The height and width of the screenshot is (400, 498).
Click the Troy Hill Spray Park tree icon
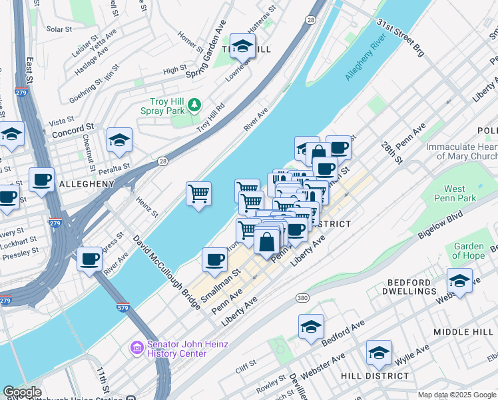coord(194,105)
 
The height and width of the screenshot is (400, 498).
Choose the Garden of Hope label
coord(469,251)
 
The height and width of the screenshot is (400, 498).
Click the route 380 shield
coord(303,297)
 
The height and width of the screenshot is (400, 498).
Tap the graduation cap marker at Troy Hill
coord(243,46)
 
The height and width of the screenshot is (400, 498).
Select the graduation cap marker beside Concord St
coord(120,140)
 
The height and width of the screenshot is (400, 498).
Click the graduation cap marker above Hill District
coord(379,353)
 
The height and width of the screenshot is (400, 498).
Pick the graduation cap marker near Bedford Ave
coord(311,327)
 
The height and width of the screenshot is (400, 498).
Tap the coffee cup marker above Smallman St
coord(214,259)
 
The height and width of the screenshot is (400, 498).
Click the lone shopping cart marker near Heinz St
coord(198,195)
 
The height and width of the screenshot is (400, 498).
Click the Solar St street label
coord(59,29)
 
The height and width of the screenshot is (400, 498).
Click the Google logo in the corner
coord(22,392)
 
